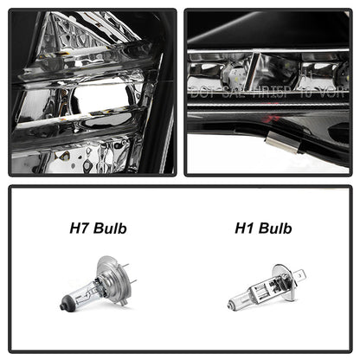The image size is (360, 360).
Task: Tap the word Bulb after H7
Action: (x=110, y=229)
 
